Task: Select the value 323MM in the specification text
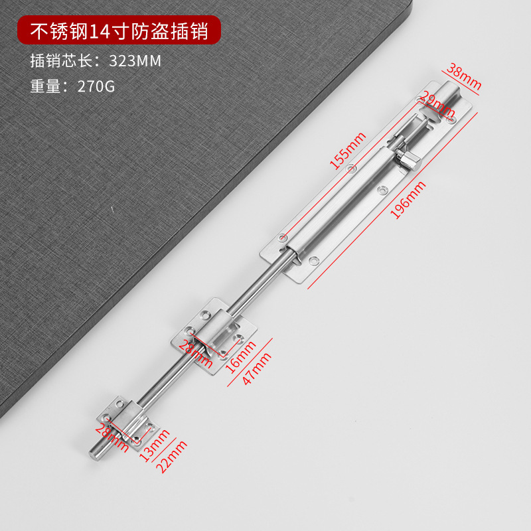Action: pyautogui.click(x=135, y=60)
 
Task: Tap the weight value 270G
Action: pyautogui.click(x=96, y=86)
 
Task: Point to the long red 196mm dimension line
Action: pyautogui.click(x=392, y=199)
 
